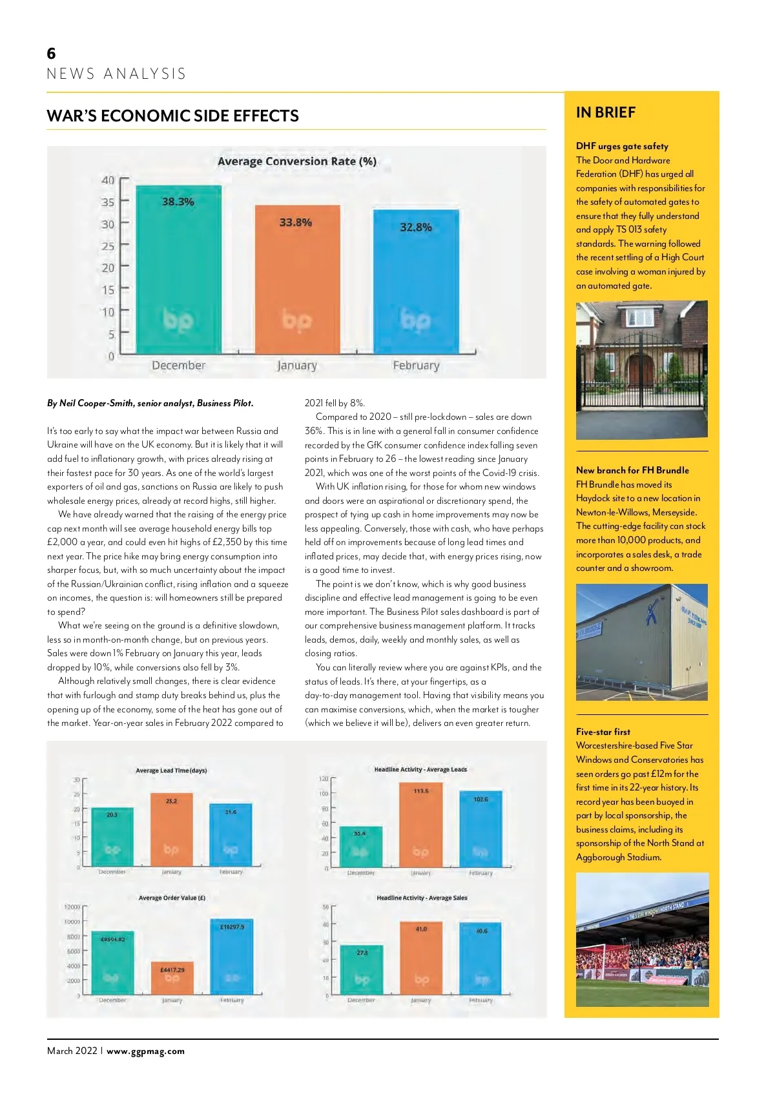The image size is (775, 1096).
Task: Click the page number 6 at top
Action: (52, 53)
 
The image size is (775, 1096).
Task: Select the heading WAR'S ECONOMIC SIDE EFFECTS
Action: (172, 116)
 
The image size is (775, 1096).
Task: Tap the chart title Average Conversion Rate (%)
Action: (297, 161)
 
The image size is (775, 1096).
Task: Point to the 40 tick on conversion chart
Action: (108, 180)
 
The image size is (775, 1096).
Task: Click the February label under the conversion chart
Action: (416, 366)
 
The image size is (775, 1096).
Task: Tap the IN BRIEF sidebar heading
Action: (606, 112)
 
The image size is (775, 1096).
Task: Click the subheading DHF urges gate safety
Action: (622, 146)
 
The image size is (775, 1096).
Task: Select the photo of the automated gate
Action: (641, 369)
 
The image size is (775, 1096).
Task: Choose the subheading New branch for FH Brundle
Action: (632, 470)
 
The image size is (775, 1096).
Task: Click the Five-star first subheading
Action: (603, 732)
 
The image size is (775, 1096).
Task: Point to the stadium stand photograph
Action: (642, 939)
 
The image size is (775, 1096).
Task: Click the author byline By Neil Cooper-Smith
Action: (150, 403)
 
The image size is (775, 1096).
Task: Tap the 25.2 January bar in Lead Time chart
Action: (171, 830)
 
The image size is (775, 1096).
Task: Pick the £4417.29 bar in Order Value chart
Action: (172, 978)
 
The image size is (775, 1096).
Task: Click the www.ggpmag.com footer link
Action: (145, 1051)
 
